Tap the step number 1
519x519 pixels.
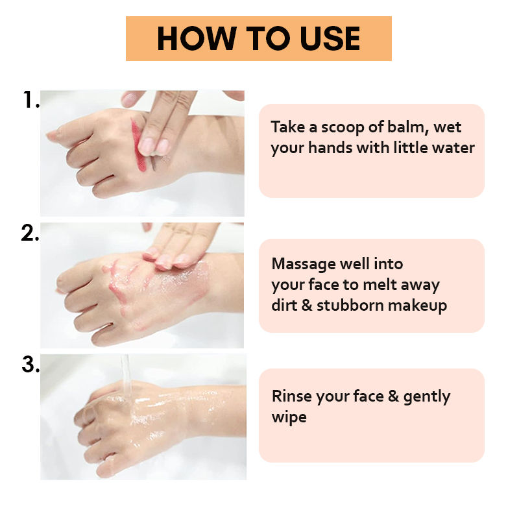pyautogui.click(x=30, y=99)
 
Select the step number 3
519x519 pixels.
pyautogui.click(x=30, y=365)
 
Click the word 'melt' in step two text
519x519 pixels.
pyautogui.click(x=380, y=285)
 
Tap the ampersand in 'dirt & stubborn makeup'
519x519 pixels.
pyautogui.click(x=307, y=306)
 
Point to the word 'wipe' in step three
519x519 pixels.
pyautogui.click(x=289, y=418)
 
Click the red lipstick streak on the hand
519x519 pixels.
pyautogui.click(x=138, y=145)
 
